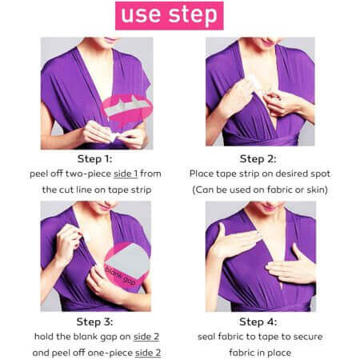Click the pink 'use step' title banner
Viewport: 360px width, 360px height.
(x=170, y=16)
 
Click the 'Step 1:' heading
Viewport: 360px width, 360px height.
(x=94, y=159)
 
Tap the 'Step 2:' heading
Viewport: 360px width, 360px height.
(x=258, y=159)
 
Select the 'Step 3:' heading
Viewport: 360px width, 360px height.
(x=94, y=322)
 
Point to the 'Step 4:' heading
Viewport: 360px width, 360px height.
(x=258, y=322)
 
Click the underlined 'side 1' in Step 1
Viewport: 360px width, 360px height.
(x=126, y=174)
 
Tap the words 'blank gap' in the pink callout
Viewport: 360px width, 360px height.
(x=120, y=276)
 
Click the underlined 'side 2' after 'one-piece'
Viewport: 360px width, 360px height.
(x=148, y=353)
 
